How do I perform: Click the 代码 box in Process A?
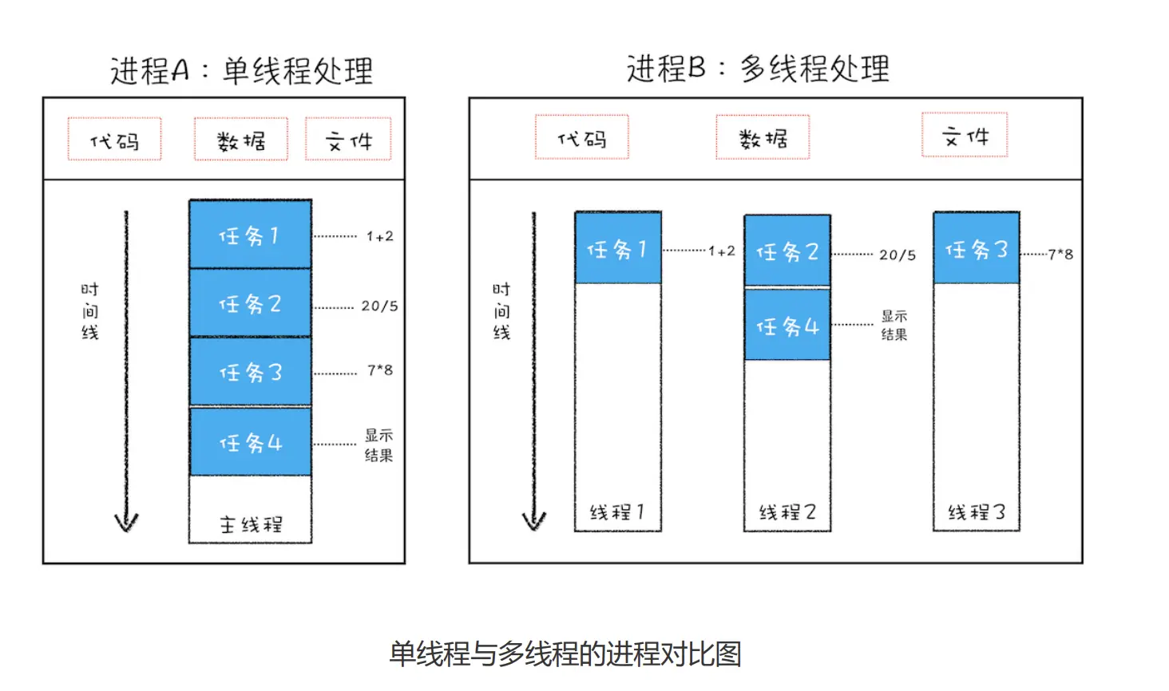pyautogui.click(x=114, y=140)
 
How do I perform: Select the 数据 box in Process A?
pyautogui.click(x=240, y=140)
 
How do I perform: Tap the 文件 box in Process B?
pyautogui.click(x=965, y=135)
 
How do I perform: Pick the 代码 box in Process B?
pyautogui.click(x=581, y=137)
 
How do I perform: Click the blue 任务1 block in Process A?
pyautogui.click(x=250, y=235)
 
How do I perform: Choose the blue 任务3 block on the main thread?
pyautogui.click(x=250, y=372)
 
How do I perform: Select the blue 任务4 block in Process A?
pyautogui.click(x=250, y=442)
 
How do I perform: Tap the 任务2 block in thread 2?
pyautogui.click(x=787, y=251)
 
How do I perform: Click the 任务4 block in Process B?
pyautogui.click(x=787, y=326)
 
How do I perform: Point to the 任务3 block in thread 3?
pyautogui.click(x=976, y=249)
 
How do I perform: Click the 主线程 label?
pyautogui.click(x=251, y=524)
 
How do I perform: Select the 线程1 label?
pyautogui.click(x=617, y=511)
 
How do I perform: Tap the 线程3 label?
pyautogui.click(x=976, y=511)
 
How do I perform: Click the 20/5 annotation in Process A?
pyautogui.click(x=379, y=306)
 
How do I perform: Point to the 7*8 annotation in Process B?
pyautogui.click(x=1060, y=254)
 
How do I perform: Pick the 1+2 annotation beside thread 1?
pyautogui.click(x=721, y=251)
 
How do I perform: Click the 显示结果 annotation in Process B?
pyautogui.click(x=894, y=325)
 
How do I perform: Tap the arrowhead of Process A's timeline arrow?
pyautogui.click(x=126, y=523)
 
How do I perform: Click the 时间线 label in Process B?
pyautogui.click(x=501, y=310)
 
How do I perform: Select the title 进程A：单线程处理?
pyautogui.click(x=241, y=70)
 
